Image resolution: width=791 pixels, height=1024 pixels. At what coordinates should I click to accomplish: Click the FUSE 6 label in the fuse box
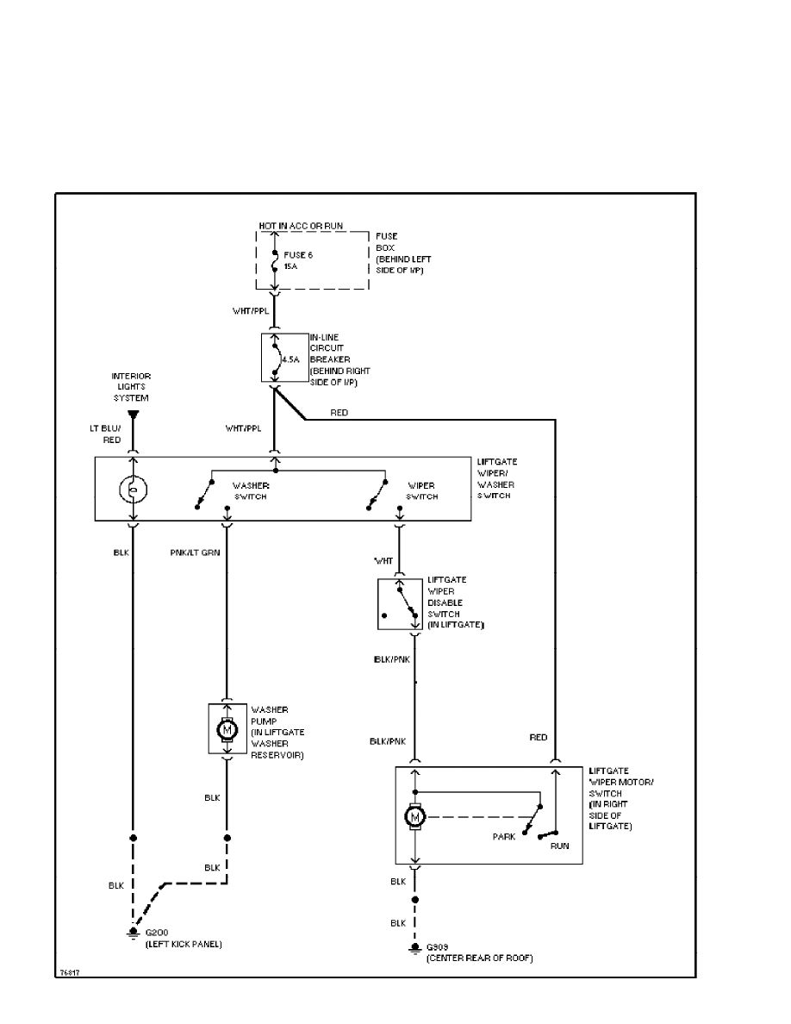click(x=297, y=254)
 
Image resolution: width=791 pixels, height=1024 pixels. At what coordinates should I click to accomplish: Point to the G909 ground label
click(x=439, y=947)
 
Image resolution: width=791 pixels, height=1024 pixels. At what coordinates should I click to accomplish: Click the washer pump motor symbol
click(x=227, y=728)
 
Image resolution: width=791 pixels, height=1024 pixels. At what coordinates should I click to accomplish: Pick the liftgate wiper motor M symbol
click(x=415, y=815)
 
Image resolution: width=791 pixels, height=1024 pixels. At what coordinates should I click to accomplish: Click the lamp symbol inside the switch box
click(x=133, y=490)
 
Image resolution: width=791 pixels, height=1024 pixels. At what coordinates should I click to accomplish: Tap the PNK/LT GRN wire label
click(x=195, y=553)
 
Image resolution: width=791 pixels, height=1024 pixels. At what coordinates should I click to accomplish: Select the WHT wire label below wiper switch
click(x=383, y=561)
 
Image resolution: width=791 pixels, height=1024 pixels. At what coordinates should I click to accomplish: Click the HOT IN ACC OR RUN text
click(x=301, y=226)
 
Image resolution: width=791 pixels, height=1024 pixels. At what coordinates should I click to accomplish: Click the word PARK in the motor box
click(x=504, y=837)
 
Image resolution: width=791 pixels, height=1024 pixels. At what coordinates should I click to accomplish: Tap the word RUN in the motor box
click(x=559, y=846)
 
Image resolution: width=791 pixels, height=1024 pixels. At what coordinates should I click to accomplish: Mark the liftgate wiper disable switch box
click(x=400, y=603)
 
